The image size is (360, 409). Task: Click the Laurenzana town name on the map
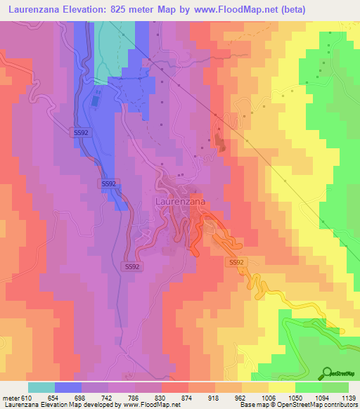tap(179, 202)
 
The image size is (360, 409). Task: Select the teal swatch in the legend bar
tap(41, 387)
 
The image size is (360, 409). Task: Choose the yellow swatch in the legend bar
tap(281, 387)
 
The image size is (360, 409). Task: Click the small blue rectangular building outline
tap(95, 102)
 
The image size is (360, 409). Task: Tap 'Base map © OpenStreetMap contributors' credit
tap(297, 405)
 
